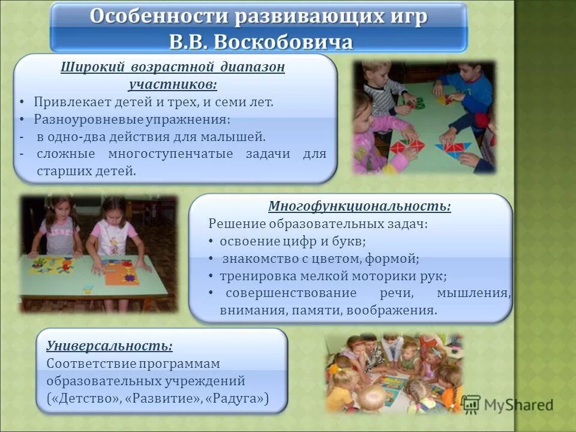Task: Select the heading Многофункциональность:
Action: coord(359,206)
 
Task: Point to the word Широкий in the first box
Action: coord(86,67)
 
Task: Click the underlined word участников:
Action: coord(173,83)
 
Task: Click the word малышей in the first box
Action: coord(242,137)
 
